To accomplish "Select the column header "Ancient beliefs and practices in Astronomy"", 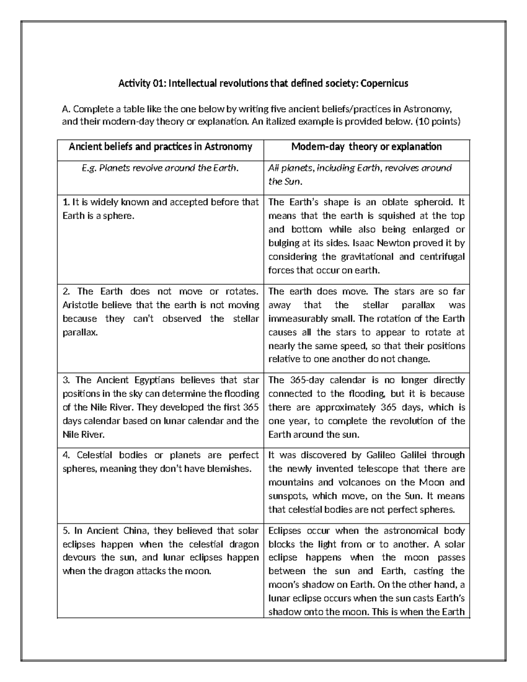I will [x=160, y=147].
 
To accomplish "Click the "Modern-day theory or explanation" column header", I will [x=366, y=147].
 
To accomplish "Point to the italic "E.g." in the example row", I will [x=90, y=168].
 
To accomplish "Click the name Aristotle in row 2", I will [x=81, y=305].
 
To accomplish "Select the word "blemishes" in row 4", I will [x=229, y=469].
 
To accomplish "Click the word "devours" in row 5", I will [x=79, y=558].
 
